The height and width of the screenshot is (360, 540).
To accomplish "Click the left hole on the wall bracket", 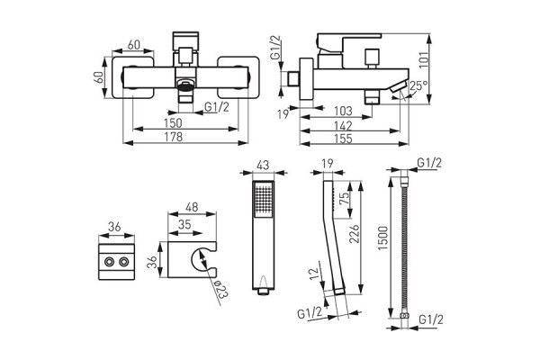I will coord(107,263).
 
